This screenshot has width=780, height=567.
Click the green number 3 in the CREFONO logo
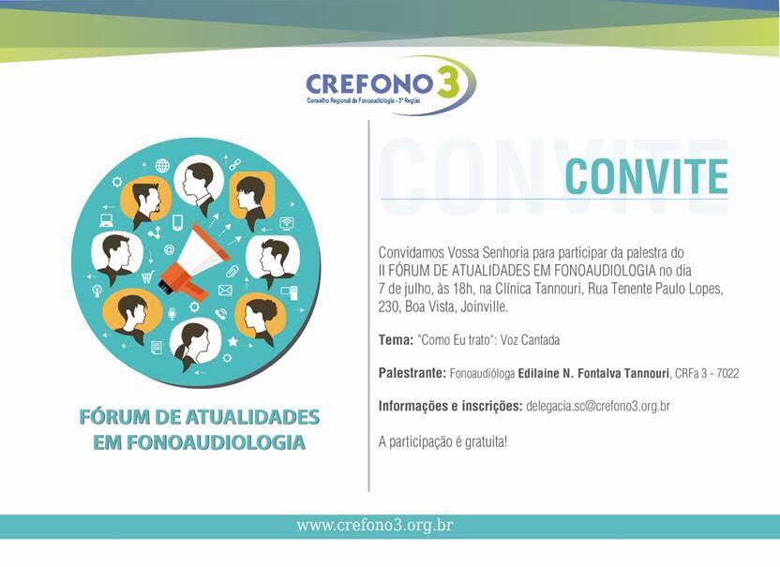[x=448, y=80]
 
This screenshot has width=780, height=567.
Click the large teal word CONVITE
[x=647, y=176]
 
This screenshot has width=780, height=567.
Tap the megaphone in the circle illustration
[x=196, y=261]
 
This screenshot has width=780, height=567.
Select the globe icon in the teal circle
[x=163, y=165]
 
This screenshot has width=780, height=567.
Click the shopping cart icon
[x=148, y=276]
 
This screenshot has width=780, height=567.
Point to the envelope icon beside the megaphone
[x=225, y=290]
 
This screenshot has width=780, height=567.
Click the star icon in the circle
[x=232, y=341]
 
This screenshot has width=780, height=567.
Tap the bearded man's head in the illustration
[x=144, y=199]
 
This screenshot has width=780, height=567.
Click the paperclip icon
[x=232, y=271]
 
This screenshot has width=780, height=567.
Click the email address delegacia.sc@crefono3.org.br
[x=598, y=406]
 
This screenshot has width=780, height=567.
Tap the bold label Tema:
[x=396, y=340]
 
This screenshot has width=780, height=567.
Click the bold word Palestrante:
[x=412, y=373]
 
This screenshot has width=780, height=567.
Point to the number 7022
[x=727, y=374]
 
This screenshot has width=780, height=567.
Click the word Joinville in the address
[x=484, y=306]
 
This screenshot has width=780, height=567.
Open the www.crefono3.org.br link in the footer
[x=375, y=525]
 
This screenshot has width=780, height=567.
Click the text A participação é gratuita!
[x=442, y=441]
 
